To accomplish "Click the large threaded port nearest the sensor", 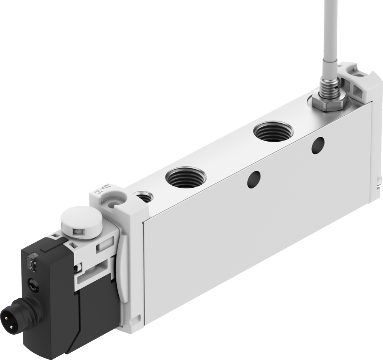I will click(x=274, y=132).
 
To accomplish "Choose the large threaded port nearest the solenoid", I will click(x=186, y=177).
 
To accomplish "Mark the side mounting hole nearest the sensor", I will click(x=318, y=146).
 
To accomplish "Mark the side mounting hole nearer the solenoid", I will click(x=254, y=179).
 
